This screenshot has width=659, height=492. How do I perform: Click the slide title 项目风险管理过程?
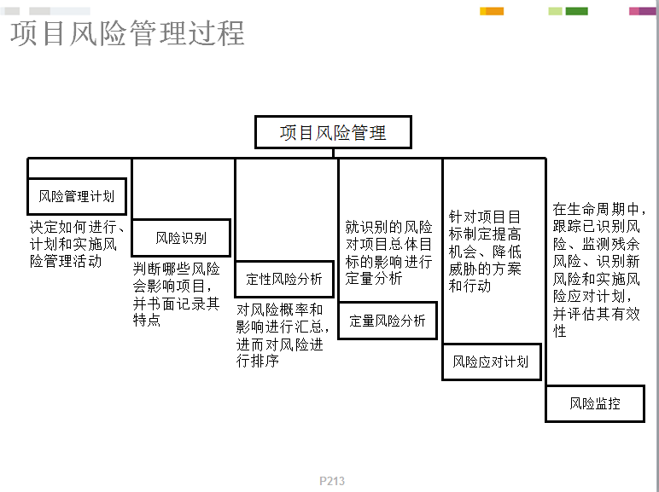[x=127, y=33]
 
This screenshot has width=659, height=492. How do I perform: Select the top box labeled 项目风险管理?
[x=333, y=132]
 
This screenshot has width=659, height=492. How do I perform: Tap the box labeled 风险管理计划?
[x=77, y=196]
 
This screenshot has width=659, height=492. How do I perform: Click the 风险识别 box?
[x=181, y=238]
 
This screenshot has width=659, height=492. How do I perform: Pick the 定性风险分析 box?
[x=284, y=279]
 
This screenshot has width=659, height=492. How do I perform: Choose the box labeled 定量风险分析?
[x=388, y=321]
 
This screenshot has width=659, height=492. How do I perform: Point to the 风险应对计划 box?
[x=492, y=362]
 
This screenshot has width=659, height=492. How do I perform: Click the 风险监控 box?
[x=595, y=403]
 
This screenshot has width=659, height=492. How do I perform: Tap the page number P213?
[x=332, y=481]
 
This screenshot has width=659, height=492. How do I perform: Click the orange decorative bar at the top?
[x=492, y=11]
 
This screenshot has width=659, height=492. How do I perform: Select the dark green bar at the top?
[x=577, y=11]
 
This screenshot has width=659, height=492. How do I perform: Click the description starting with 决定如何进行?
[x=77, y=244]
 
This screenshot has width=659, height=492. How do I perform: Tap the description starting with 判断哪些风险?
[x=177, y=294]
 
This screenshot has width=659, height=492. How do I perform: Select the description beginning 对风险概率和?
[x=282, y=335]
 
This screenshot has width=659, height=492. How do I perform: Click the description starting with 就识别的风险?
[x=388, y=252]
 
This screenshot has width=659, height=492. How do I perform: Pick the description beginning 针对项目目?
[x=485, y=251]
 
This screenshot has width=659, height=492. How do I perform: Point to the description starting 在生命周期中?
[x=599, y=270]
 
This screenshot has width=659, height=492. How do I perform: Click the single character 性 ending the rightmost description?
[x=559, y=331]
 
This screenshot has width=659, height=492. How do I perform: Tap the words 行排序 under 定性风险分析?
[x=258, y=361]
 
